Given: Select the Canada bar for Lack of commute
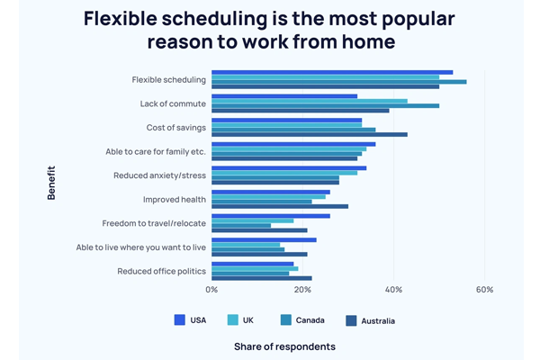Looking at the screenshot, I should (x=325, y=105).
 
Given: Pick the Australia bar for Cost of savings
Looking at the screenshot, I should (x=309, y=134).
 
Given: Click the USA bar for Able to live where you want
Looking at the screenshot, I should (x=264, y=239).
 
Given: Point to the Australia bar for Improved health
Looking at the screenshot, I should (x=279, y=206).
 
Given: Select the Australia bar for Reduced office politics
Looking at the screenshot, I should (x=261, y=278).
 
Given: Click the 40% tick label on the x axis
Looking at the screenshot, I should (x=393, y=290).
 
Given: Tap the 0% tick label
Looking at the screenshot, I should (x=211, y=290).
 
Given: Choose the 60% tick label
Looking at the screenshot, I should (x=484, y=290).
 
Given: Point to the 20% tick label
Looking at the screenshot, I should (x=302, y=290).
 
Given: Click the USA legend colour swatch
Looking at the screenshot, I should (x=179, y=319).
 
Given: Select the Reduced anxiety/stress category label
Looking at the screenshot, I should (x=159, y=175).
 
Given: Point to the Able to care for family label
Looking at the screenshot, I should (x=156, y=151).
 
